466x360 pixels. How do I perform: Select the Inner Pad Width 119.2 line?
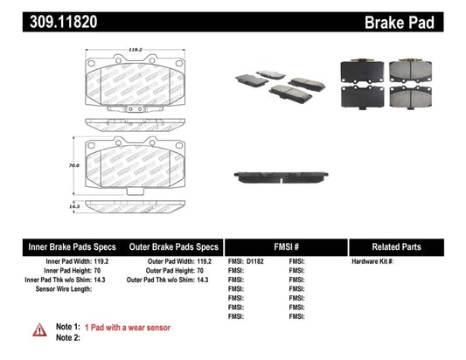pyautogui.click(x=79, y=261)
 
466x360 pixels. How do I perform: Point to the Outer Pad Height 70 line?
pyautogui.click(x=182, y=271)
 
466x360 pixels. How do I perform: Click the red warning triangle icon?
pyautogui.click(x=40, y=329)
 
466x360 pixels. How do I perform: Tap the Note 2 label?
pyautogui.click(x=68, y=336)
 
